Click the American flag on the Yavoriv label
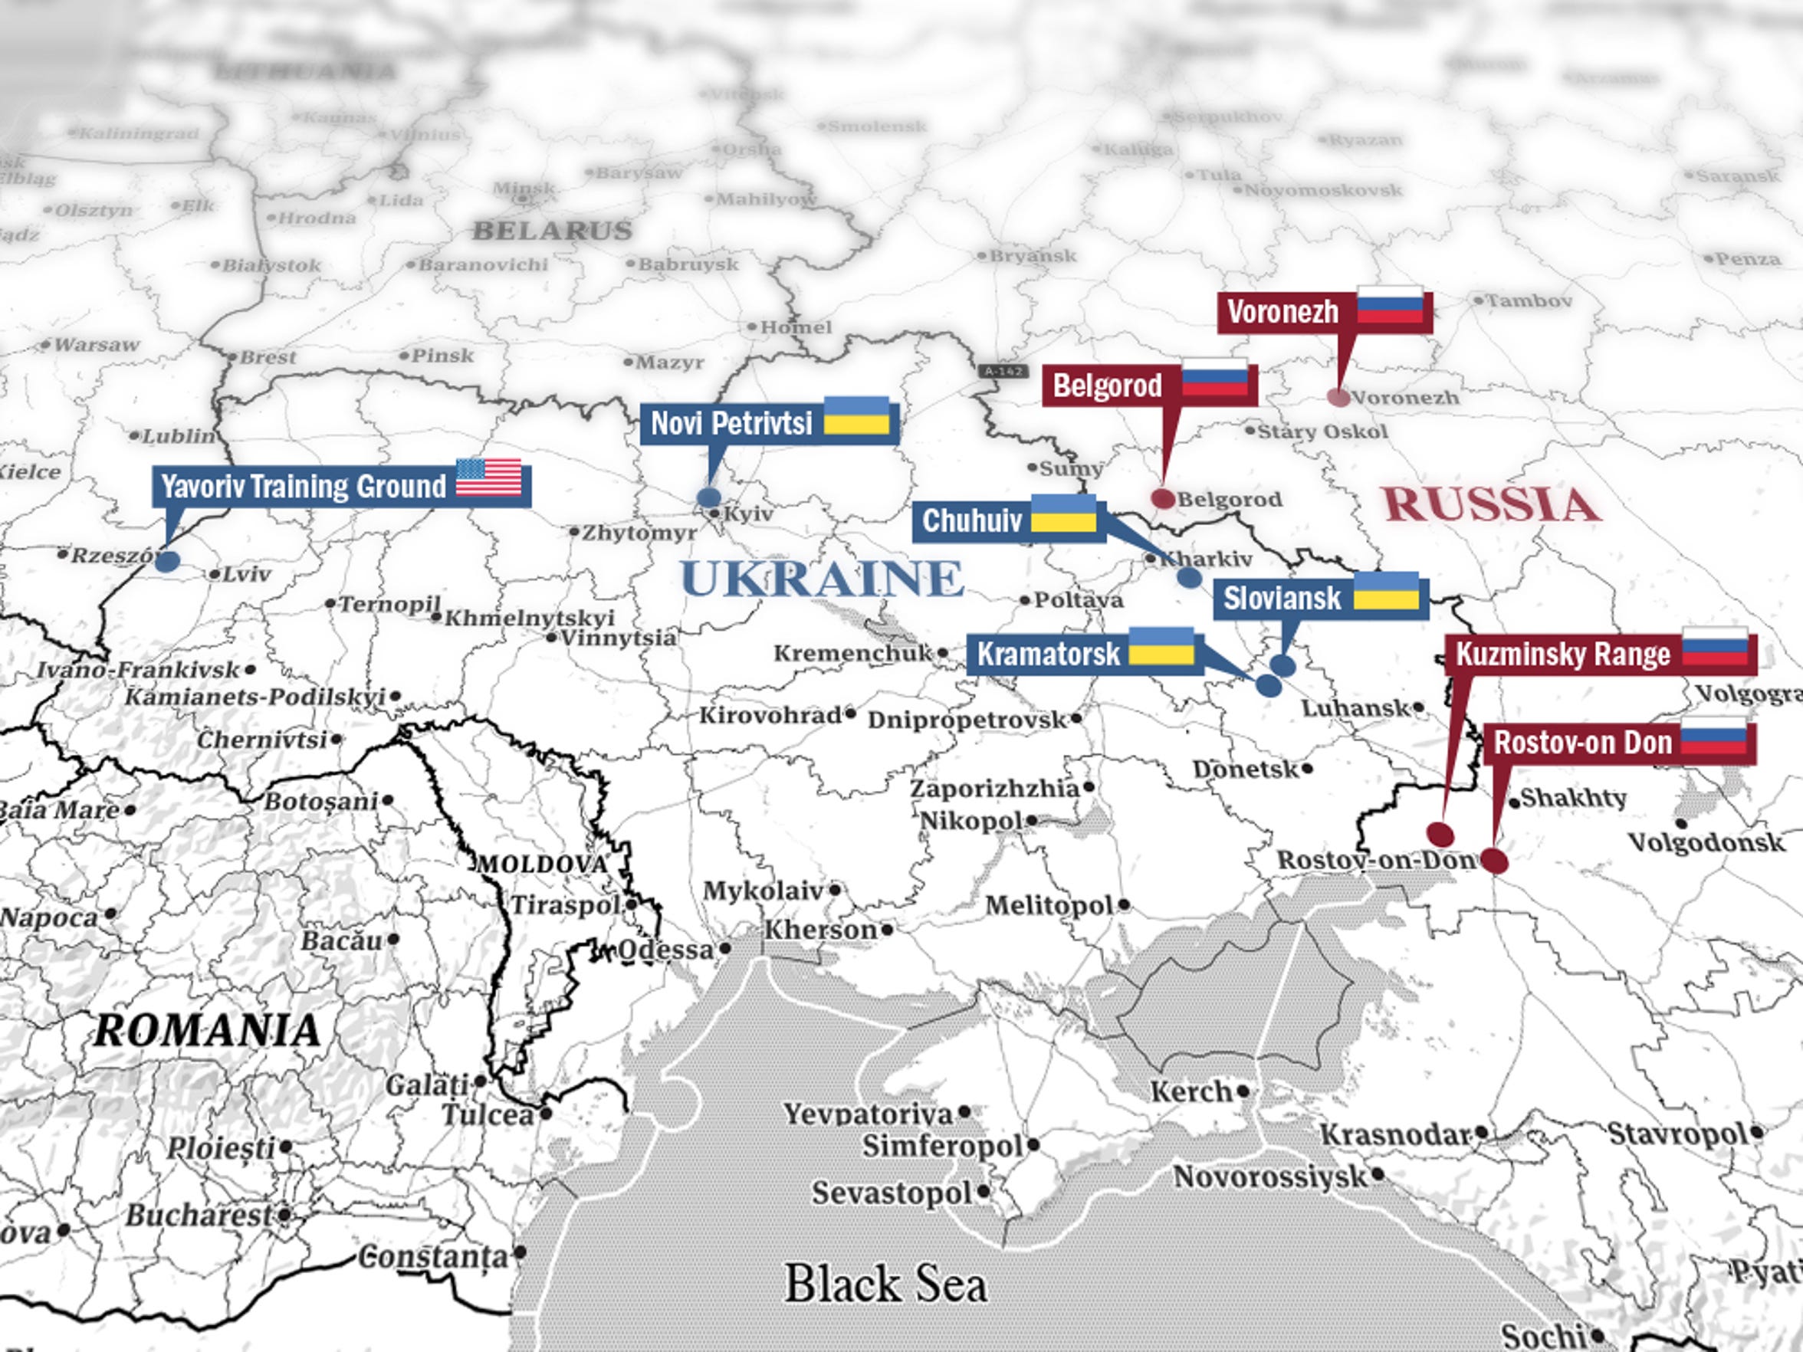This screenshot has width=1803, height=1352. [488, 477]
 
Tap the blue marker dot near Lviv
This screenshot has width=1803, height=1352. [167, 561]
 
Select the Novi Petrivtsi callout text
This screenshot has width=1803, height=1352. [731, 423]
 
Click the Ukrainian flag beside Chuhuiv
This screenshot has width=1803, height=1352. [1063, 514]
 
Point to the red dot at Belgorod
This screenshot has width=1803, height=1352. [1163, 499]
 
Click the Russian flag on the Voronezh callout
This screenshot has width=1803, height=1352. [1390, 306]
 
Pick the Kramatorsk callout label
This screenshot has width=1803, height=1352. [1048, 654]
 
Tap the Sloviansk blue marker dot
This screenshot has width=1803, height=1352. [1282, 665]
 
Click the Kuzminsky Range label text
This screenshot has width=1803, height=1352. [1562, 655]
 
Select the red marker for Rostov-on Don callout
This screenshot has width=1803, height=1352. [1493, 861]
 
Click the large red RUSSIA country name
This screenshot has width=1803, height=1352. [1491, 504]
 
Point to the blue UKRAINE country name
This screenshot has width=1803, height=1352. [822, 579]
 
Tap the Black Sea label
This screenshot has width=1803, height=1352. [885, 1285]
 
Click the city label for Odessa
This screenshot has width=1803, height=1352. [665, 950]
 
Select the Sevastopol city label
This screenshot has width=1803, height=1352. [891, 1193]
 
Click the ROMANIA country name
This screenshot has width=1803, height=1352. [207, 1031]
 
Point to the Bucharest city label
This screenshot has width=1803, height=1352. [198, 1215]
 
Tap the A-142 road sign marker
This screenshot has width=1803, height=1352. [1003, 371]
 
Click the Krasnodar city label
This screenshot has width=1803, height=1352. [1394, 1134]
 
